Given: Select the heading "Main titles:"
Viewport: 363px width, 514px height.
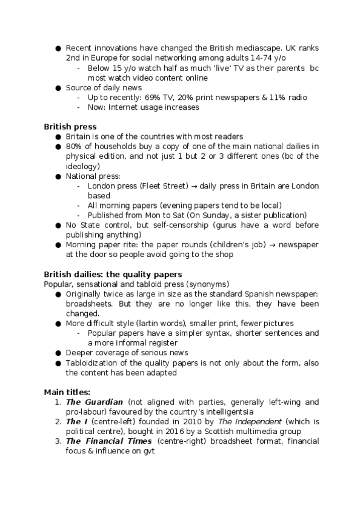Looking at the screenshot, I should pyautogui.click(x=67, y=392).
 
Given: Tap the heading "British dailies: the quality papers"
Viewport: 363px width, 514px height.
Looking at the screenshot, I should pyautogui.click(x=113, y=274).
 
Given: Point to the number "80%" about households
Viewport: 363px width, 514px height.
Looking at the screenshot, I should pyautogui.click(x=75, y=146).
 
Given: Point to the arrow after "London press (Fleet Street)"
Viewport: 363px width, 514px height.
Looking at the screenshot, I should pyautogui.click(x=189, y=186).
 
